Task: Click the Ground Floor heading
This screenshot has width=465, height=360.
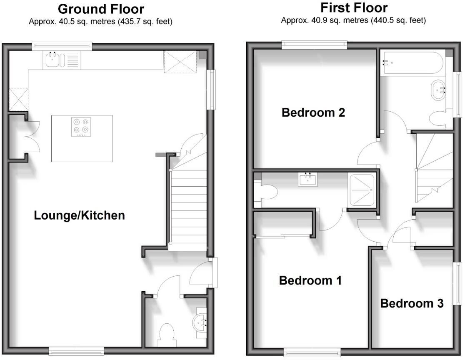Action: click(101, 9)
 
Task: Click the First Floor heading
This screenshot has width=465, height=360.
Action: click(353, 8)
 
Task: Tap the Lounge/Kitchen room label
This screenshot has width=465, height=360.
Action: click(79, 215)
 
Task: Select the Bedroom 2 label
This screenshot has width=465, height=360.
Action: click(313, 112)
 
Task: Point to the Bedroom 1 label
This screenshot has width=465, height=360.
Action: click(310, 280)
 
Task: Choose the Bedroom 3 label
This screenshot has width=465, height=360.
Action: click(412, 303)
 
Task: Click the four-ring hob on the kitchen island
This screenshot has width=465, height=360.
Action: click(81, 126)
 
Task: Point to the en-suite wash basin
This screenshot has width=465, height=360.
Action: click(308, 180)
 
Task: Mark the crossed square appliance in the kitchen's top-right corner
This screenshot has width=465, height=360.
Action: click(180, 62)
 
